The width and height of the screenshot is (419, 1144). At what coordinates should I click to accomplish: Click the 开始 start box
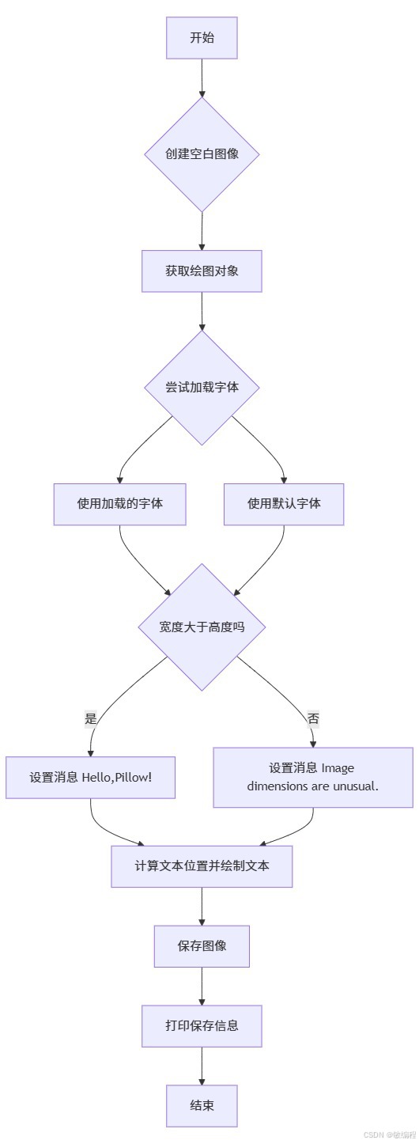202,38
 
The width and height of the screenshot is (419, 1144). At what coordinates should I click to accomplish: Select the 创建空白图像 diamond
202,154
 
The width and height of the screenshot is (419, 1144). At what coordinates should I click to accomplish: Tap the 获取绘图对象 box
202,271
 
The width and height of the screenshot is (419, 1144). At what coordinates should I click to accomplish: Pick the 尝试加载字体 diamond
202,388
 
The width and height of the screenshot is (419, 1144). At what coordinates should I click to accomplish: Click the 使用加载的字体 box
120,504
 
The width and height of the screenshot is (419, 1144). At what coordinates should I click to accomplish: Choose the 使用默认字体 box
284,504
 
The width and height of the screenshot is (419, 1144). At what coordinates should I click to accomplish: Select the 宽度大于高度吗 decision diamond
202,627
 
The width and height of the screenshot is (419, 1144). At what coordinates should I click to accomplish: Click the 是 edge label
90,719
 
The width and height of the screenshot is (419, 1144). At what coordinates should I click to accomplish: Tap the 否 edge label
313,719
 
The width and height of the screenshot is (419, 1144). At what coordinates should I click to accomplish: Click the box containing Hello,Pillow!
90,778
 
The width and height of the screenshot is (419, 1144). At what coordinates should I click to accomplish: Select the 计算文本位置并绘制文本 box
202,866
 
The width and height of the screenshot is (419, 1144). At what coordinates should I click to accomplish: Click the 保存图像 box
202,946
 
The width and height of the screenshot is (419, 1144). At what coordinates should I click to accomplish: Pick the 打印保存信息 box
202,1026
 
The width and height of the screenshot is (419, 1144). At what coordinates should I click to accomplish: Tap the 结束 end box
202,1106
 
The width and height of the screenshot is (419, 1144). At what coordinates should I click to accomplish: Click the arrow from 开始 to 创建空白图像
202,78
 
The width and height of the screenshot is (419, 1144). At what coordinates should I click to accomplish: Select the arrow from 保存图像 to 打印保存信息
202,986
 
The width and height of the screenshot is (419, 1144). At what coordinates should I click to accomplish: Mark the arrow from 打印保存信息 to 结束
202,1066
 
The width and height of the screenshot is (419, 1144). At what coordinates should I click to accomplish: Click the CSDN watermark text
389,1135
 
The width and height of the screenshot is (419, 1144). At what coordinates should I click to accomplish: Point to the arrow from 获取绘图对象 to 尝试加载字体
202,311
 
